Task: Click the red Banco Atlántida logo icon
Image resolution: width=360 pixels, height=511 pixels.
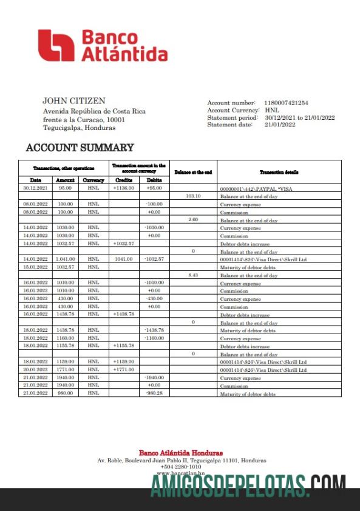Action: pos(55,46)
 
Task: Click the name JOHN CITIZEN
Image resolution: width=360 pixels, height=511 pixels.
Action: pos(74,101)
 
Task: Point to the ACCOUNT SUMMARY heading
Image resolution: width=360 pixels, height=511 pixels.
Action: pos(80,148)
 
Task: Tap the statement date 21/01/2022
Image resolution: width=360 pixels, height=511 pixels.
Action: pos(280,125)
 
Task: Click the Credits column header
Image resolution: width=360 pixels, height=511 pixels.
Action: pos(123,180)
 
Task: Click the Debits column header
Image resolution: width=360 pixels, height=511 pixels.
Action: pos(154,180)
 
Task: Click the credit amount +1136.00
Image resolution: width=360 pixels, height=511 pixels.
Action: pos(123,188)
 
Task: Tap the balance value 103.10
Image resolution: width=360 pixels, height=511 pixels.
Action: pos(193,196)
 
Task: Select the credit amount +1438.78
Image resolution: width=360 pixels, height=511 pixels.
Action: pos(123,315)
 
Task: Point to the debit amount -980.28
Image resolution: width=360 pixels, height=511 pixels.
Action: pos(154,393)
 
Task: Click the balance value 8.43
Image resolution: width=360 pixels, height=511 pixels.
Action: pos(193,275)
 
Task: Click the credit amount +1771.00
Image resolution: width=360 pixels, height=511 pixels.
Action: pos(123,369)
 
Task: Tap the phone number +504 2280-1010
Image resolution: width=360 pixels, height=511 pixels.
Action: pos(180,467)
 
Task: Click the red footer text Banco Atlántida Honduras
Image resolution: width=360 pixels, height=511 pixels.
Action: pos(180,453)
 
